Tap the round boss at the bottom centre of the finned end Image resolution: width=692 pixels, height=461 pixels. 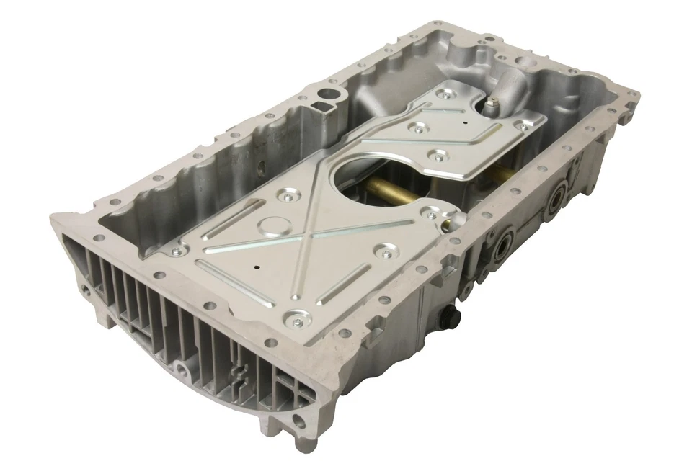click(x=183, y=370)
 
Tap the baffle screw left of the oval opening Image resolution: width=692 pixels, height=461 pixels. click(x=288, y=194)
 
